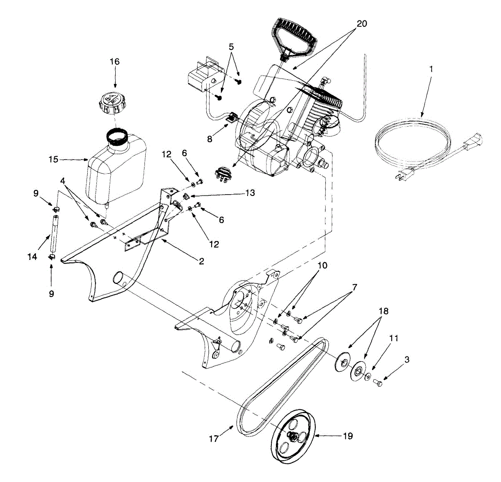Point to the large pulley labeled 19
pos(292,436)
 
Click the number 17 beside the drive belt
pos(214,439)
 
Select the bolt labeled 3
pos(377,382)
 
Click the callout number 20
pos(362,24)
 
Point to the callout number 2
pos(201,261)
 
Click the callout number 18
pos(383,311)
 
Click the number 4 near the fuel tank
pos(63,181)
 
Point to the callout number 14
pos(33,257)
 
